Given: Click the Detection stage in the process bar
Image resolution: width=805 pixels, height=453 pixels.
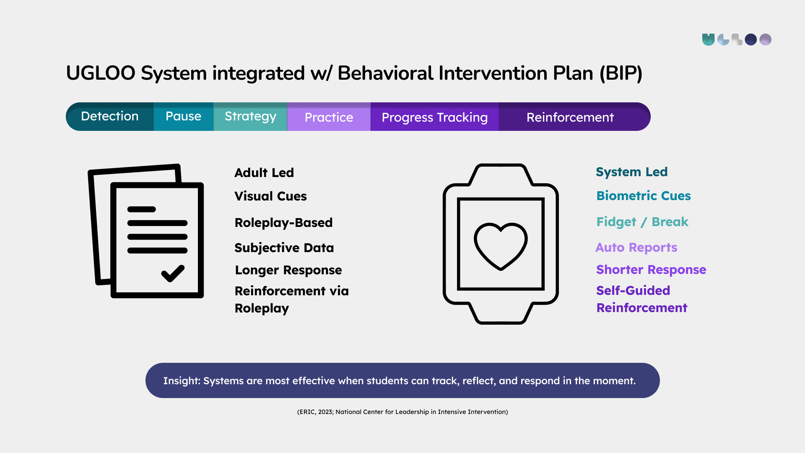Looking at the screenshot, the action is pyautogui.click(x=110, y=117).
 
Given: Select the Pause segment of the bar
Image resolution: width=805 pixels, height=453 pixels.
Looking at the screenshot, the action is pyautogui.click(x=183, y=117).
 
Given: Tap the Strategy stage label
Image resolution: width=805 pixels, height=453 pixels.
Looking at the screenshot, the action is pyautogui.click(x=250, y=117).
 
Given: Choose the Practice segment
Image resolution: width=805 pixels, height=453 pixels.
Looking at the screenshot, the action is pyautogui.click(x=329, y=117).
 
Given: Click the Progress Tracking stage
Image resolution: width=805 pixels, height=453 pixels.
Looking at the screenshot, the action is pyautogui.click(x=435, y=117).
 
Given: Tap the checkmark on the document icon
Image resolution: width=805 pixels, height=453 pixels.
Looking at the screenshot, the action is pyautogui.click(x=173, y=273).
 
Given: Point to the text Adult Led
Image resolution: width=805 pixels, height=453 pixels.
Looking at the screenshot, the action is pyautogui.click(x=264, y=173).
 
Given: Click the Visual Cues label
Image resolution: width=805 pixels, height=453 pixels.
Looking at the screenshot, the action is pyautogui.click(x=271, y=196).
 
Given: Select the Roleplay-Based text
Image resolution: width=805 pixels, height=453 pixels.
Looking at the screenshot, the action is pyautogui.click(x=284, y=223).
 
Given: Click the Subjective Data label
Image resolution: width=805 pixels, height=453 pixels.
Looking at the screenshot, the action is pyautogui.click(x=284, y=248).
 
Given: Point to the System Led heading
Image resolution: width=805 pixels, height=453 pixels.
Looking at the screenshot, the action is pyautogui.click(x=632, y=172).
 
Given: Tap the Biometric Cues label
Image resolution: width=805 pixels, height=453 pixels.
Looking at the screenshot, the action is pyautogui.click(x=644, y=196).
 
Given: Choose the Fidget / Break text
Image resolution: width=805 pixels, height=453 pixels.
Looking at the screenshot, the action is pyautogui.click(x=642, y=222).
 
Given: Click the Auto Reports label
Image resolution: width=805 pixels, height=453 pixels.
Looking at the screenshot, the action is pyautogui.click(x=636, y=247).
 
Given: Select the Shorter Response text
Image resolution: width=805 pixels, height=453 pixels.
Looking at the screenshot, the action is pyautogui.click(x=651, y=270).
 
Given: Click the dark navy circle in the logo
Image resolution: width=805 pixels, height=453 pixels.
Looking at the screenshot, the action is pyautogui.click(x=751, y=39).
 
